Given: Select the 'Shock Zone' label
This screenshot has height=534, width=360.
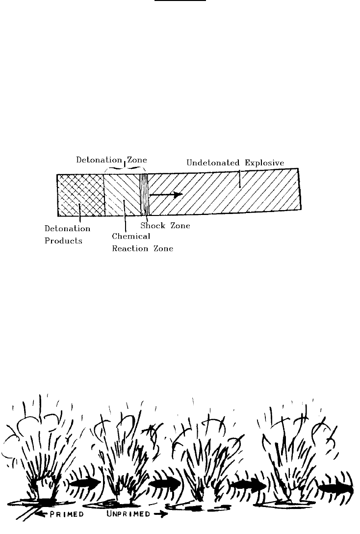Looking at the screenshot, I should [165, 226].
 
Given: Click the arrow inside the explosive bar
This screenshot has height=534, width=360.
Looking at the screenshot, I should [166, 194].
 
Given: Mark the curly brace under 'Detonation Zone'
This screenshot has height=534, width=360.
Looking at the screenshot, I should [123, 168].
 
